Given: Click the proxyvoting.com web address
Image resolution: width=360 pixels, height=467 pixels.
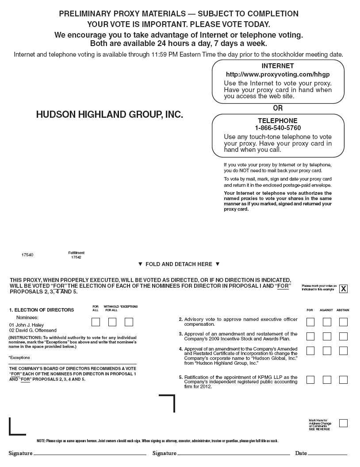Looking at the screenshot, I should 278,74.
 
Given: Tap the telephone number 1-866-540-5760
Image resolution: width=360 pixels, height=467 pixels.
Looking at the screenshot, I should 278,128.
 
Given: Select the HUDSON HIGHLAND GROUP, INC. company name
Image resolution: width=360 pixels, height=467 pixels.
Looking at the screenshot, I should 109,115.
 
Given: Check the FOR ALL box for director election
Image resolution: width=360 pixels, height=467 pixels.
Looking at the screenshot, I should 96,322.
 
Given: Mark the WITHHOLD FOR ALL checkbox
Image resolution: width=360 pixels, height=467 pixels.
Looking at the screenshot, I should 112,322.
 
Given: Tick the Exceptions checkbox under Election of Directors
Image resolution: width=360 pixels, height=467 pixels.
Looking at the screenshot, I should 129,322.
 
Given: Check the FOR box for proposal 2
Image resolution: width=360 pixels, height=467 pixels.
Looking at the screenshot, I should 310,322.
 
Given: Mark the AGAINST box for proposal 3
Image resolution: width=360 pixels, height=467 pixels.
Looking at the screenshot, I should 327,336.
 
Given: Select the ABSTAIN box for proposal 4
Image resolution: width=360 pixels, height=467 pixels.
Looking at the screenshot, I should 343,351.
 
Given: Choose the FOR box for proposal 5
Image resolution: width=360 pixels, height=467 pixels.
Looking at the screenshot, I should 310,380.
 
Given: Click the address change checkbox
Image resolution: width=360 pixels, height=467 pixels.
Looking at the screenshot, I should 343,423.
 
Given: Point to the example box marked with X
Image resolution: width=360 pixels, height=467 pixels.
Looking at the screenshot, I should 343,289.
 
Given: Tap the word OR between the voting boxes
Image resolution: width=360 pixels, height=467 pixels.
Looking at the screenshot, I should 278,108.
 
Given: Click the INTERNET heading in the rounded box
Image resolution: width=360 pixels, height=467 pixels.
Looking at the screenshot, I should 278,66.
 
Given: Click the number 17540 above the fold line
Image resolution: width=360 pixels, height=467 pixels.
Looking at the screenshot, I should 27,255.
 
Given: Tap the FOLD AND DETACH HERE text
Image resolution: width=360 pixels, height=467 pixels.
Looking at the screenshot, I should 179,264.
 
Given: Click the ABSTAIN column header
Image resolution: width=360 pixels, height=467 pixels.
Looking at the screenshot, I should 343,310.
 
